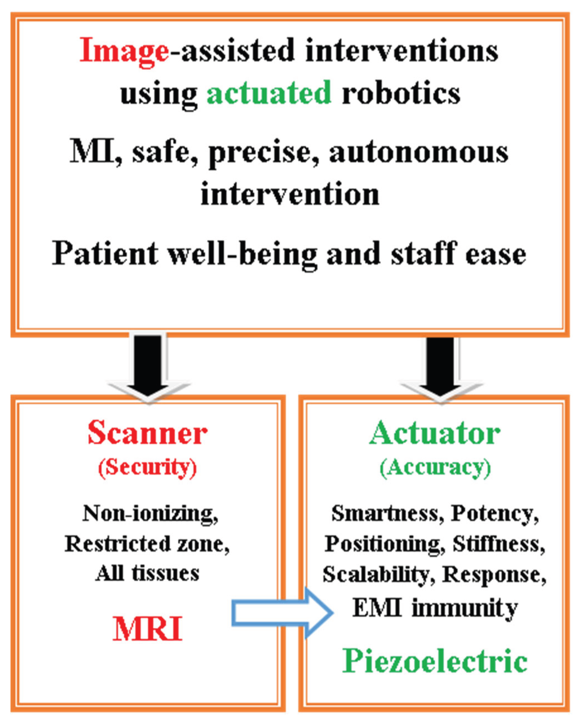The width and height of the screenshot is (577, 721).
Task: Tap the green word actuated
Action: click(x=269, y=93)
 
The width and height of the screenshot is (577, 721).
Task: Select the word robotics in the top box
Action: click(x=401, y=93)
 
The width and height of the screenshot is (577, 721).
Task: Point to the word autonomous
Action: click(x=419, y=153)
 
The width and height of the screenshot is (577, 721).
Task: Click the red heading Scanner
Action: click(x=147, y=434)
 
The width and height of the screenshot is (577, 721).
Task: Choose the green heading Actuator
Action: click(x=435, y=434)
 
